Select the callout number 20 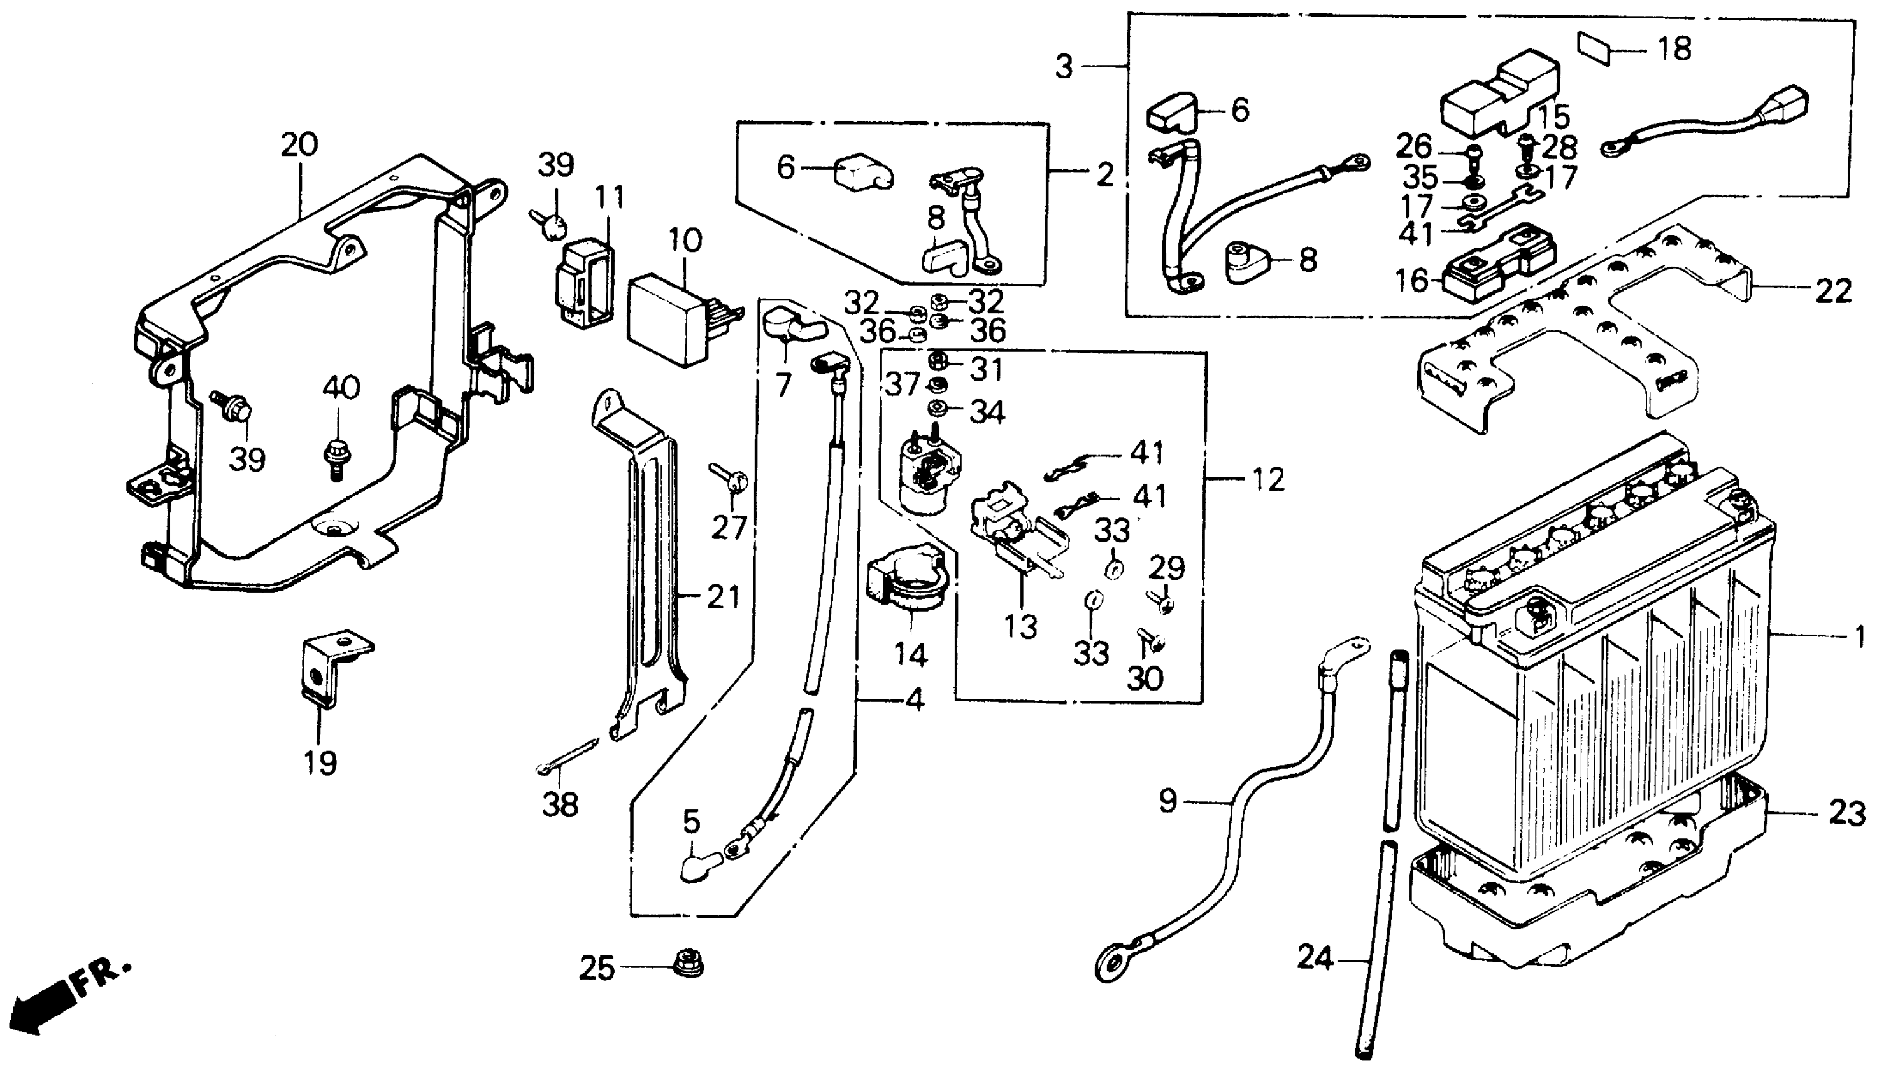tap(299, 144)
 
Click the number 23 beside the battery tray tap(1847, 814)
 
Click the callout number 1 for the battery tap(1858, 637)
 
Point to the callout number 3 tap(1065, 67)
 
